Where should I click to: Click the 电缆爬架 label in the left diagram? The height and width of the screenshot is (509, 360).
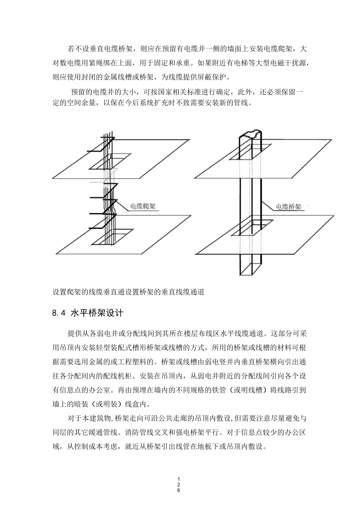(142, 206)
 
